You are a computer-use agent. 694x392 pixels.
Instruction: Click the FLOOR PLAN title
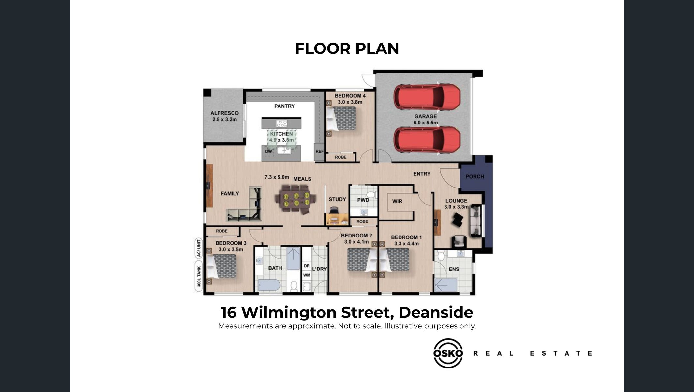(x=347, y=48)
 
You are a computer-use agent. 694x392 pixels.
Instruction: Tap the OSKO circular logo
(x=448, y=353)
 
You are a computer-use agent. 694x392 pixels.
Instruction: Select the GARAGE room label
(x=426, y=116)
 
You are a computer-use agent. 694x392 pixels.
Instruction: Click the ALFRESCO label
(x=224, y=113)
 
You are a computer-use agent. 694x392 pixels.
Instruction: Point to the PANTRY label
(x=284, y=106)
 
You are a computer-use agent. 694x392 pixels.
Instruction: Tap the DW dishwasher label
(x=268, y=151)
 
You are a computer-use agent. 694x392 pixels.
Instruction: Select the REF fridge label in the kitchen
(x=320, y=151)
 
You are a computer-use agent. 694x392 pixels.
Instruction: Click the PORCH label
(x=475, y=177)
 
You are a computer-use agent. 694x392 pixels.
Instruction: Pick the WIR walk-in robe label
(x=397, y=201)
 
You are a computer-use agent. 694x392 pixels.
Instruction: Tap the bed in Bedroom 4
(x=341, y=118)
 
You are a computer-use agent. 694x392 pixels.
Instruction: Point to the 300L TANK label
(x=199, y=276)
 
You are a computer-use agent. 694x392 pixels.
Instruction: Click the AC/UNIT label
(x=199, y=248)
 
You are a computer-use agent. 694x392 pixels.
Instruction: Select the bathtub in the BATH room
(x=269, y=285)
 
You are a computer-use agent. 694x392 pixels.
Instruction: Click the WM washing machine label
(x=307, y=275)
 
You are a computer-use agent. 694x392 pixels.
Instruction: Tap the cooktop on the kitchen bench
(x=282, y=123)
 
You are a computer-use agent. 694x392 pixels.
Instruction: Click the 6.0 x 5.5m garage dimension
(x=426, y=123)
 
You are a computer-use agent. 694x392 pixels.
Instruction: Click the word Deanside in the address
(x=436, y=312)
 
